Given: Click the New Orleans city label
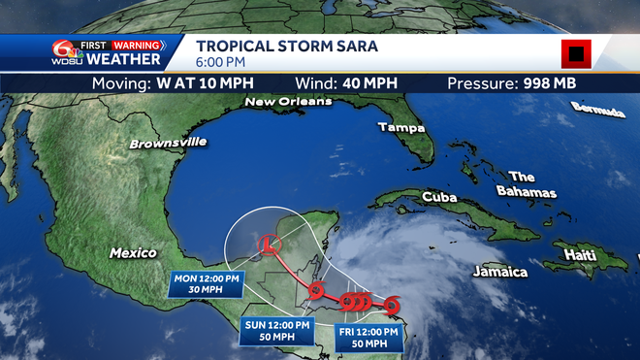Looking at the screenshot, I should (288, 101).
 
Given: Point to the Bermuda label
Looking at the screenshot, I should (598, 110).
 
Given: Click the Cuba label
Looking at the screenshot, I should (439, 197).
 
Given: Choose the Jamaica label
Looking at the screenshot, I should (500, 272).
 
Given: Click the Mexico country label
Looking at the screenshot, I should (133, 252).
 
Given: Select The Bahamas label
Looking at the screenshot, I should (529, 184).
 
